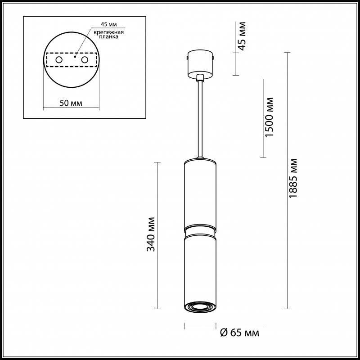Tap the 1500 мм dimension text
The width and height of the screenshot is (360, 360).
coord(270,117)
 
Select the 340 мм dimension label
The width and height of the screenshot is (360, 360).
coord(152,234)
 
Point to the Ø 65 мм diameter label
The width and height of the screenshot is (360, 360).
coord(239,333)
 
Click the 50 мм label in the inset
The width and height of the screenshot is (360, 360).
coord(71,103)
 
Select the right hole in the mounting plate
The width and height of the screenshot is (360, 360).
coord(84,59)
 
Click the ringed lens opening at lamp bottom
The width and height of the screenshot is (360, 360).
coord(200,306)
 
